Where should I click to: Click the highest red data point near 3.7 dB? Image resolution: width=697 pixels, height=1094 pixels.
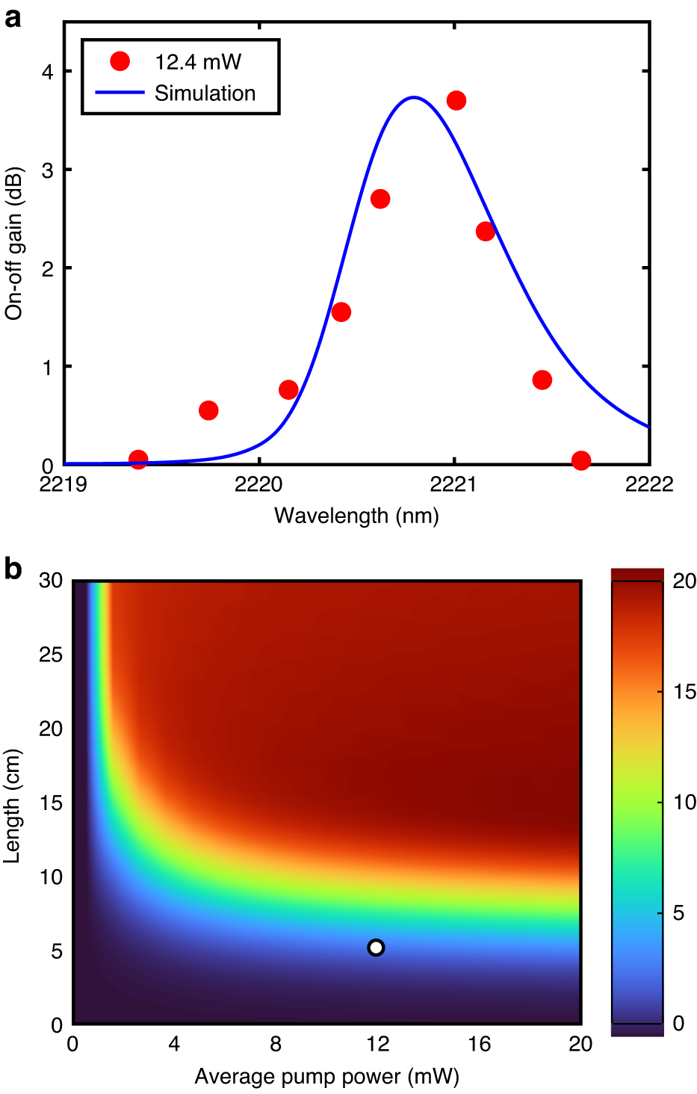456,100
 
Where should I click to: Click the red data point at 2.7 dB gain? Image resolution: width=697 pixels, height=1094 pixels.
380,199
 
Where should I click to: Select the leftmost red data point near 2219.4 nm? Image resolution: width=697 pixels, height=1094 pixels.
138,459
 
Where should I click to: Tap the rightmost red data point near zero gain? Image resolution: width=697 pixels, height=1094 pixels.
581,460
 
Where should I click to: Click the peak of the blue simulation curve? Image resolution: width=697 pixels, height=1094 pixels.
414,97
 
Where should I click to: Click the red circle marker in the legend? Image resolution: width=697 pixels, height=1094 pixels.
120,61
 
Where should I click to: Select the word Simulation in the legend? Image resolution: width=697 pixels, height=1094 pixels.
205,93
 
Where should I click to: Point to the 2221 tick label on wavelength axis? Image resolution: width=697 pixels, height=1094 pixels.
453,484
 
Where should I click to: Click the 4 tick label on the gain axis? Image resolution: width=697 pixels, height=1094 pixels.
48,72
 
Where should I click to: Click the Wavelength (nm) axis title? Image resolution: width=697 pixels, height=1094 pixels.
356,516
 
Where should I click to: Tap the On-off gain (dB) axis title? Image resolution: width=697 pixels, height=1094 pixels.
14,244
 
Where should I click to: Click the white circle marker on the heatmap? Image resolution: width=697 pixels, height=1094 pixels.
376,948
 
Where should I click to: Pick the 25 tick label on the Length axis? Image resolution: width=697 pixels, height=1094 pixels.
51,655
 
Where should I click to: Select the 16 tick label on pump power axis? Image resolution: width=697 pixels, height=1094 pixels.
479,1044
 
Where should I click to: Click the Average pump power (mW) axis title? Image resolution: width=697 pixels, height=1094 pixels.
326,1077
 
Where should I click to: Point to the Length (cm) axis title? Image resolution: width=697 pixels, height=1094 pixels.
12,806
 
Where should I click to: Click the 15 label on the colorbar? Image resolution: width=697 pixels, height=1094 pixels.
684,692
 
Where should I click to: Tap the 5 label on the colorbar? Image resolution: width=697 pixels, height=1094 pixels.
678,913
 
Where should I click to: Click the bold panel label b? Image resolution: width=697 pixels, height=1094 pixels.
13,569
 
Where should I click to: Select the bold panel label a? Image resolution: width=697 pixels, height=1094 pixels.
12,16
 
